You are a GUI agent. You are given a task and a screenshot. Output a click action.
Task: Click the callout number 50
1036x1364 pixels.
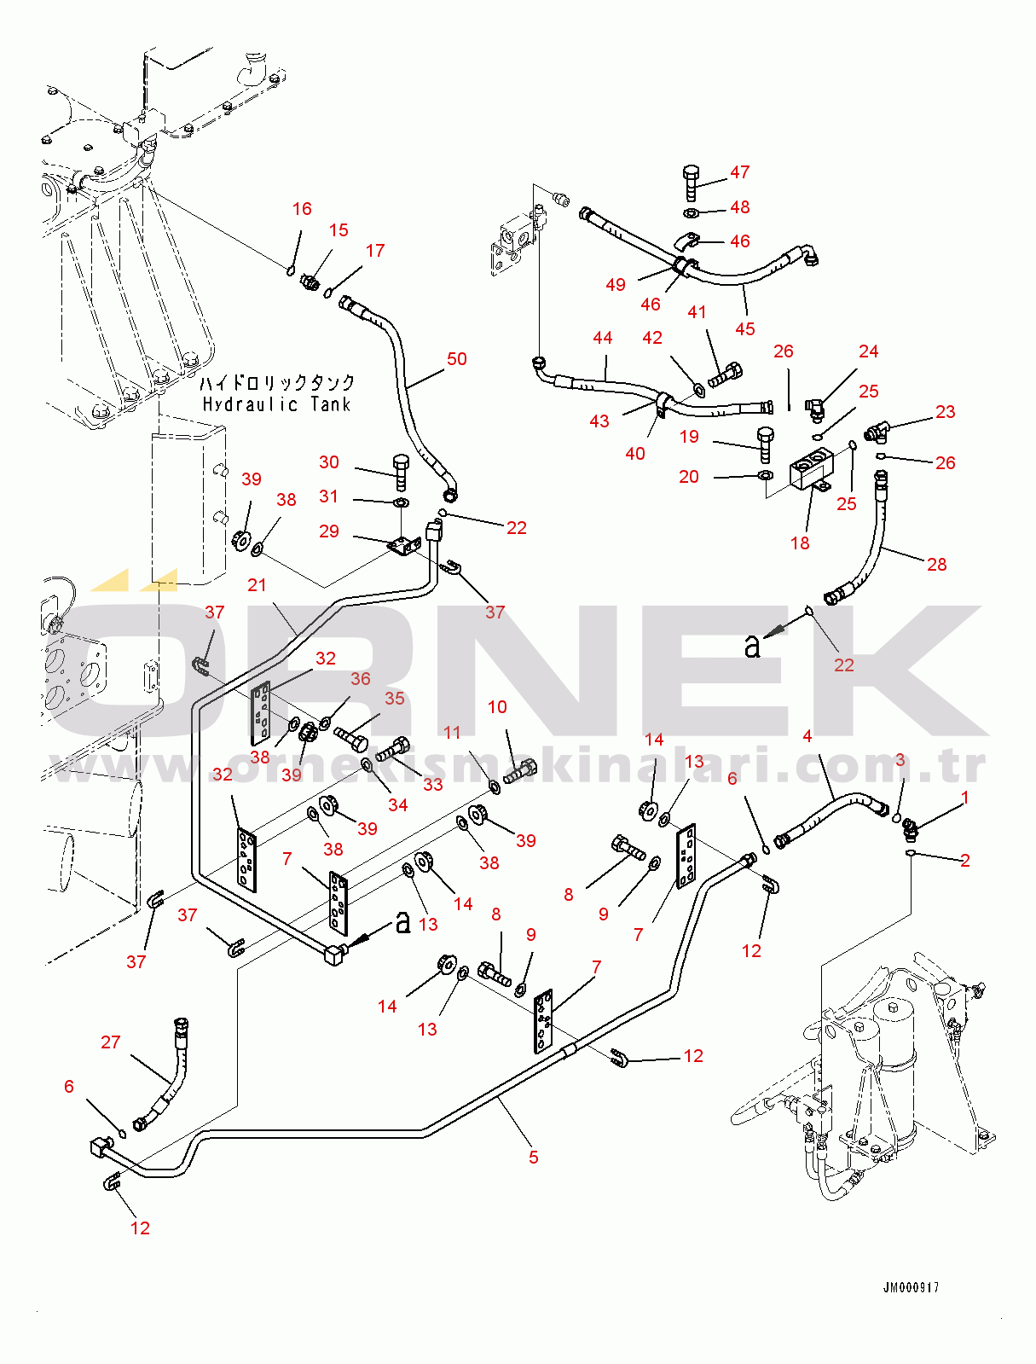[x=457, y=359]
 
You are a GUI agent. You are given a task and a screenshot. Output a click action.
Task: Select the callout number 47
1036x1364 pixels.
[x=740, y=172]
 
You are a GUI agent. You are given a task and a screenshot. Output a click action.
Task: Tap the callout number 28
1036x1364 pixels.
[x=936, y=565]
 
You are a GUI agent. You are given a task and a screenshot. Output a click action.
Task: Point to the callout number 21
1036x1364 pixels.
[x=257, y=585]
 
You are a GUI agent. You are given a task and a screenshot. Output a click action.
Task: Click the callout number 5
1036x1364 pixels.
[x=534, y=1158]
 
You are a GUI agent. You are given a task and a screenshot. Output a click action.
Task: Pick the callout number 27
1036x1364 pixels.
[x=111, y=1042]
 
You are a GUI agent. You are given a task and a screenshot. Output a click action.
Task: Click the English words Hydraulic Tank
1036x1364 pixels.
[x=276, y=404]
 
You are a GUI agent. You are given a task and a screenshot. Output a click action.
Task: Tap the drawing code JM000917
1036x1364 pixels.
[x=911, y=1288]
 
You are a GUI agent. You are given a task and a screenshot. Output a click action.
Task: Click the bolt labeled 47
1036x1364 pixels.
[x=691, y=182]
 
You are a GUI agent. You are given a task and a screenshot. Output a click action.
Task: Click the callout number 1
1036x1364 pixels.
[x=965, y=798]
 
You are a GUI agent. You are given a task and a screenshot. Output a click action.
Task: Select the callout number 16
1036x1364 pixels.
[x=302, y=209]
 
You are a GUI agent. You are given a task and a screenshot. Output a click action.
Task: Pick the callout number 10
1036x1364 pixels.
[x=497, y=707]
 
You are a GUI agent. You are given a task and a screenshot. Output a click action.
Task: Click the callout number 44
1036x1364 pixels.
[x=603, y=338]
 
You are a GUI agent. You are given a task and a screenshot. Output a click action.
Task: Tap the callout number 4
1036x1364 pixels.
[x=807, y=736]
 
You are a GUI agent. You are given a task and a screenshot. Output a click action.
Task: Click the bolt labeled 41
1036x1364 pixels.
[x=726, y=374]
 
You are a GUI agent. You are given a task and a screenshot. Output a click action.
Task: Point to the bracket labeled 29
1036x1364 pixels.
[x=404, y=544]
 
